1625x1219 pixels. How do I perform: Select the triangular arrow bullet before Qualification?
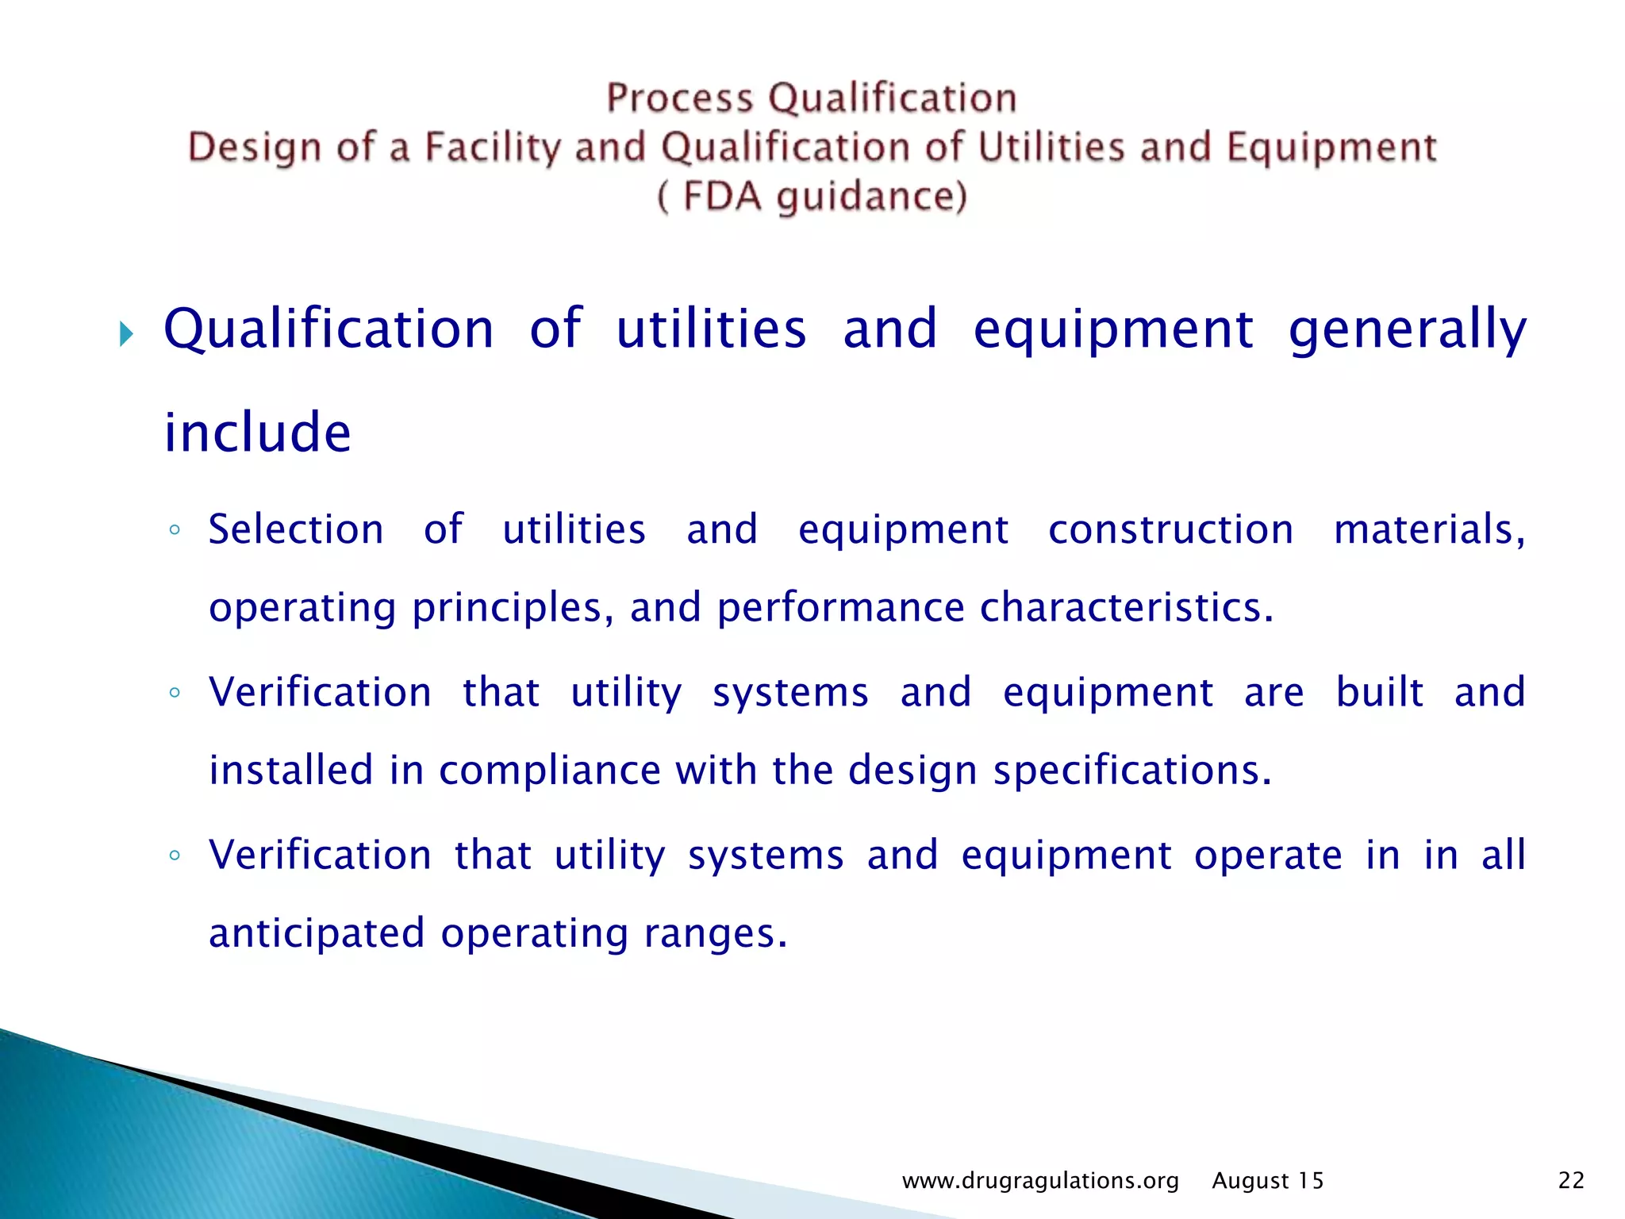(x=126, y=334)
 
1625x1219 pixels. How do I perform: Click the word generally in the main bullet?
(x=1407, y=330)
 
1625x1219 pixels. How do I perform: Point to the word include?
(x=257, y=433)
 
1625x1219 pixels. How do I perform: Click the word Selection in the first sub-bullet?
(x=296, y=529)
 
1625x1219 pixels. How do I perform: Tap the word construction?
(x=1170, y=529)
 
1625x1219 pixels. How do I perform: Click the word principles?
(x=513, y=608)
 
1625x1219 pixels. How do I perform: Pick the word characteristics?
(x=1126, y=608)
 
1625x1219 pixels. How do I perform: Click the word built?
(x=1379, y=692)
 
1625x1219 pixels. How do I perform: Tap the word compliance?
(x=549, y=771)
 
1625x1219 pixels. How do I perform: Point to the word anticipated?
(x=317, y=933)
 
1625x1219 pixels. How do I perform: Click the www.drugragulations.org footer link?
(x=1039, y=1181)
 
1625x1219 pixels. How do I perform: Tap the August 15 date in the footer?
(x=1267, y=1181)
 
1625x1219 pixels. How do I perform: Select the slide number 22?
(x=1571, y=1181)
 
